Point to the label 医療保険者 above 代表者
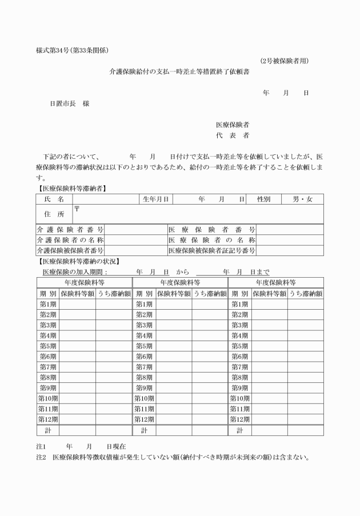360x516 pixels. [231, 124]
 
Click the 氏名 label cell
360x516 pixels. [54, 199]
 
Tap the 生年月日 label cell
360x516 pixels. [155, 199]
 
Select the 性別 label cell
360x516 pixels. [263, 199]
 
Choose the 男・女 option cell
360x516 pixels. [302, 199]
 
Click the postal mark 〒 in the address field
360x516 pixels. [77, 209]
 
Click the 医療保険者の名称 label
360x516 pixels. [211, 240]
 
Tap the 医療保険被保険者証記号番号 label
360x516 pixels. [211, 250]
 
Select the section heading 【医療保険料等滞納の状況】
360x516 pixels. [77, 261]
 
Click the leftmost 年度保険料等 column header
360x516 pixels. [84, 282]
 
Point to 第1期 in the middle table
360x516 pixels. [144, 304]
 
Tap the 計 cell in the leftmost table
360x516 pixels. [48, 430]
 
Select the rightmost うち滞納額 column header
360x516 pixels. [305, 293]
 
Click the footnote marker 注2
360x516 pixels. [41, 457]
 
